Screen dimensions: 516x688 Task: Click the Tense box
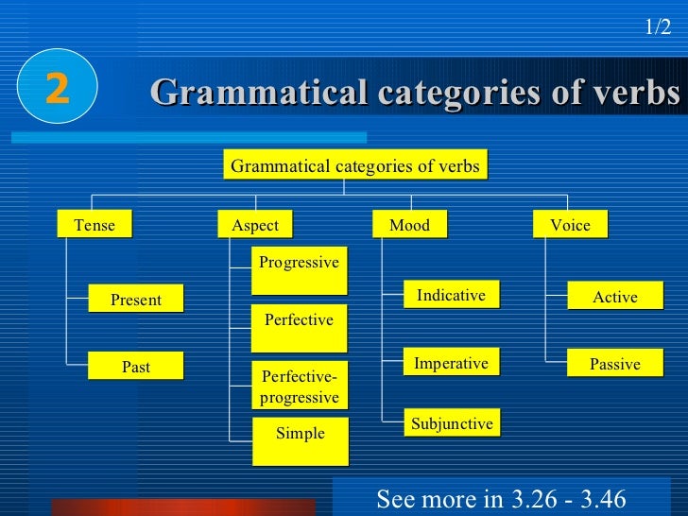94,225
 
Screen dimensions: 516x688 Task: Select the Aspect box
255,225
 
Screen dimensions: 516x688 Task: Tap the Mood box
409,225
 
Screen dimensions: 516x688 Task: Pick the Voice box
570,225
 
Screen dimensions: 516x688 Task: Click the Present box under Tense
136,300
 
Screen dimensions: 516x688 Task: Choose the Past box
136,367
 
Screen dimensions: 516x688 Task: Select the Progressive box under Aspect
299,270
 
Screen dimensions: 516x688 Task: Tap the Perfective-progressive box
299,387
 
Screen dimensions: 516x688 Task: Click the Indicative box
451,296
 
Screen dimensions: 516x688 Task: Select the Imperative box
451,364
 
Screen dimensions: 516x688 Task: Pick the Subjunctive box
452,424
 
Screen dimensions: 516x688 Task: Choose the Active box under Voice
615,297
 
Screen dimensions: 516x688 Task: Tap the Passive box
615,364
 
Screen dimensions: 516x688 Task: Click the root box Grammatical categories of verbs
355,166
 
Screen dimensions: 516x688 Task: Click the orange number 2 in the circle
57,89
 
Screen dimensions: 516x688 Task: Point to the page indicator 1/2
658,27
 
